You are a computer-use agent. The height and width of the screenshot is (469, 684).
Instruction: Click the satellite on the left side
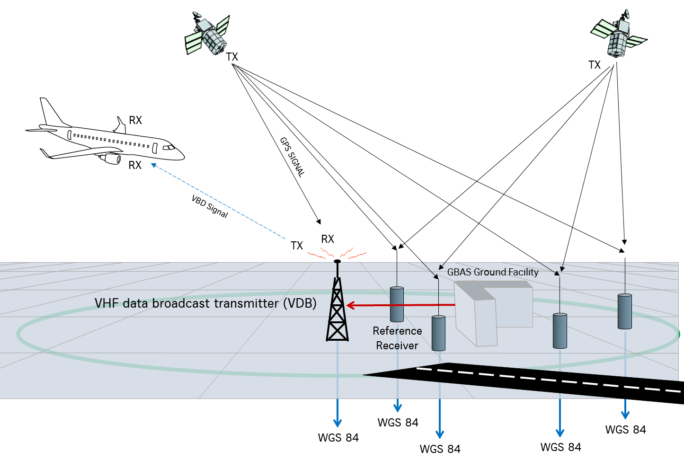[x=207, y=34]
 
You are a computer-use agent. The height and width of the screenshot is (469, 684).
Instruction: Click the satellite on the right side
[x=618, y=36]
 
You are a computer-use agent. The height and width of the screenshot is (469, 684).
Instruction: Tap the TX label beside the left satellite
[x=232, y=57]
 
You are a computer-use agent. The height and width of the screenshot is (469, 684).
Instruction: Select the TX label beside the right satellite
[x=595, y=65]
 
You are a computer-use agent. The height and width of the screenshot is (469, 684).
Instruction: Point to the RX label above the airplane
[x=135, y=120]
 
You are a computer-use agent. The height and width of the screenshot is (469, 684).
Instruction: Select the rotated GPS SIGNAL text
[x=292, y=157]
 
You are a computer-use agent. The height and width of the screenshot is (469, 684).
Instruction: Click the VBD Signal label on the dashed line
[x=210, y=206]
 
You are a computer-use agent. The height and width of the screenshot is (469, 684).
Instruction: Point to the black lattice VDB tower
[x=337, y=310]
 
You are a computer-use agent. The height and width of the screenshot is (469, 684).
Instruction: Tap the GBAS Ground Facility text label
[x=493, y=272]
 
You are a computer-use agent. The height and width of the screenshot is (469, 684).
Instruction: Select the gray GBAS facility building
[x=492, y=310]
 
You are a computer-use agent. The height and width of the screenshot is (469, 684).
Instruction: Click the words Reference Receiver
[x=397, y=338]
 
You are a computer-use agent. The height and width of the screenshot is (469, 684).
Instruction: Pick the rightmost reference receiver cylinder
[x=625, y=311]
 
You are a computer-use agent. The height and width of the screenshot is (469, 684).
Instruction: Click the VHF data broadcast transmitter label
[x=205, y=303]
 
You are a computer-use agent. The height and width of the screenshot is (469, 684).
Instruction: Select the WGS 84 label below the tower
[x=338, y=438]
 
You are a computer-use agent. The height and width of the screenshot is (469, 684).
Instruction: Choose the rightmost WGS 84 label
[x=625, y=430]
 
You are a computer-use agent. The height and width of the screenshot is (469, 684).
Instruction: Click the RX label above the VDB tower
[x=328, y=239]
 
